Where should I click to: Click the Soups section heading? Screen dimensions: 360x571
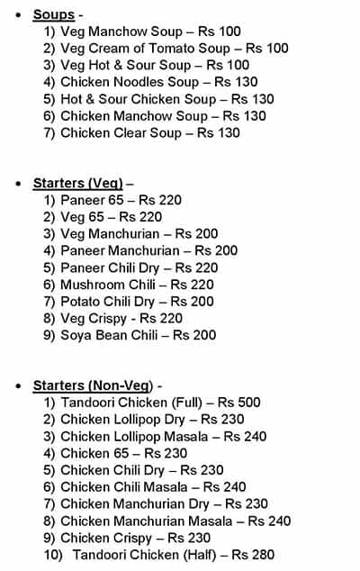[x=53, y=14]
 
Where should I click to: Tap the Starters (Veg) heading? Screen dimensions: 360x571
[x=77, y=183]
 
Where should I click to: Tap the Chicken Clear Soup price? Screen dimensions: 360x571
[x=220, y=132]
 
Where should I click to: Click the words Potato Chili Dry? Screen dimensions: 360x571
[x=107, y=301]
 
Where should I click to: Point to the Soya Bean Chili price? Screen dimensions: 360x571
[x=195, y=335]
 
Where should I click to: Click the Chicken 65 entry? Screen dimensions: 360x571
[x=85, y=453]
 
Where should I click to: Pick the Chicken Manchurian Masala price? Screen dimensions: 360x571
[x=270, y=521]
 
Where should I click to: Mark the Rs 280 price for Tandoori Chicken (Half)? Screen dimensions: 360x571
[x=254, y=555]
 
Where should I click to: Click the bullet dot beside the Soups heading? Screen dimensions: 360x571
[x=19, y=15]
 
